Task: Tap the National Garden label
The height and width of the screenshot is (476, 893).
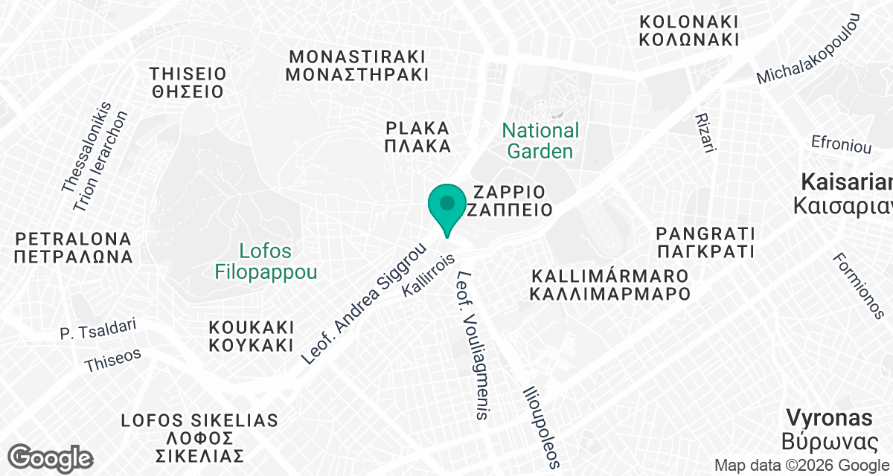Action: pos(540,141)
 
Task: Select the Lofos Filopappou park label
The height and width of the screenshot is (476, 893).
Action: pos(266,261)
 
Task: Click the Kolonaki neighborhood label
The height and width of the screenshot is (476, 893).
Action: pos(689,30)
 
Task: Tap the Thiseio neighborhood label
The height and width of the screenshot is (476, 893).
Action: pos(187,83)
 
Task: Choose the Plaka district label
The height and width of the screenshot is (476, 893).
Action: pos(417,136)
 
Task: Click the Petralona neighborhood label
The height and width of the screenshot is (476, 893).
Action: pos(74,248)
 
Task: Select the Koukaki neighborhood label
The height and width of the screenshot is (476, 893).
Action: pos(252,336)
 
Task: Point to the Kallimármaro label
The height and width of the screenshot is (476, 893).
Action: pos(610,284)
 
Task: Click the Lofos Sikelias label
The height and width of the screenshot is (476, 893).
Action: pos(199,438)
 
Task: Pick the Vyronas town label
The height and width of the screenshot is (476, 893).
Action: pos(830,428)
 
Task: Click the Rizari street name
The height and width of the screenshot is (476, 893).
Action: pos(704,134)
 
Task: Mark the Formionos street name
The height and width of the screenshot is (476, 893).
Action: pos(858,286)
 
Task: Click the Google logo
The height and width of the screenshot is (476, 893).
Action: pos(51,457)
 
